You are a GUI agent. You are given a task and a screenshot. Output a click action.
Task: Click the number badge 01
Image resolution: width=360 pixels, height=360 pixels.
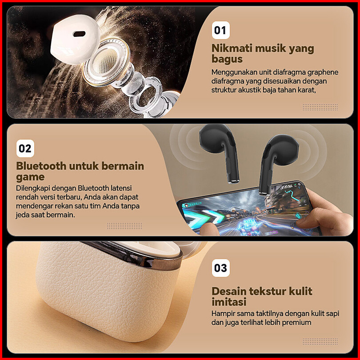click(220, 30)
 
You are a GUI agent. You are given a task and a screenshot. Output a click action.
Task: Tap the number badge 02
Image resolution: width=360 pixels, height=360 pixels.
click(25, 148)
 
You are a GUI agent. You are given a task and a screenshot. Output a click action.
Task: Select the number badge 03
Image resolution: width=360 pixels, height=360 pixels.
click(220, 268)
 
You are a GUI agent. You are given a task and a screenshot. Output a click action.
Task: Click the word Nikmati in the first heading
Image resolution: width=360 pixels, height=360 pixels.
click(232, 48)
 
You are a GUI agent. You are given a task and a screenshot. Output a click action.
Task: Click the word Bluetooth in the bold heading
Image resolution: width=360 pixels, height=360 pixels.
click(41, 166)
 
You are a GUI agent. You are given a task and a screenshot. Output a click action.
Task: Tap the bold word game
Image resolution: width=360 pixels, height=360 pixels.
click(30, 177)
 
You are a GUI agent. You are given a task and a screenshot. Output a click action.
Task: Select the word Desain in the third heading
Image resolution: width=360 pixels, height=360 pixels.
click(229, 291)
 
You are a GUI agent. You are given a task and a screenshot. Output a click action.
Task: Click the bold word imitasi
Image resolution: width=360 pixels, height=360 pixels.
click(229, 302)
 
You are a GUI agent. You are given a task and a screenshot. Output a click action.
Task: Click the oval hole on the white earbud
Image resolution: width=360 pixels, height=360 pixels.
click(79, 34)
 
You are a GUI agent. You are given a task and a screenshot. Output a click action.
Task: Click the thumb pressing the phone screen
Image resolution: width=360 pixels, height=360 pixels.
click(208, 230)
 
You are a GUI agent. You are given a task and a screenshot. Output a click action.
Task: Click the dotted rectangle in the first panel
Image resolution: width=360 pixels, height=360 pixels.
click(320, 107)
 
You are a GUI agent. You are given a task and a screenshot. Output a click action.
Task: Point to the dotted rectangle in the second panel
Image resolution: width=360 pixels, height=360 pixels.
click(125, 226)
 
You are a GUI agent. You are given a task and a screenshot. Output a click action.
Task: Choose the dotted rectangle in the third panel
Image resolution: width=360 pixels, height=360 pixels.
click(320, 341)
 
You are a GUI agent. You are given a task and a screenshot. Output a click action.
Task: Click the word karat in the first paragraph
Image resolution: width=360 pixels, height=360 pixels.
click(307, 90)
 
